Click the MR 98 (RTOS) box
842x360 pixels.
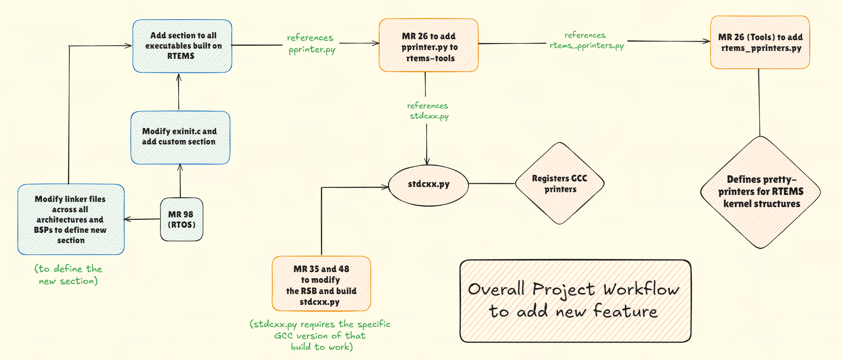(x=181, y=219)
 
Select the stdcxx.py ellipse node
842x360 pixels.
(x=428, y=185)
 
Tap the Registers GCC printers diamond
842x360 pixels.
(x=560, y=184)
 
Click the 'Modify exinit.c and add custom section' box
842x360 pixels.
(x=180, y=137)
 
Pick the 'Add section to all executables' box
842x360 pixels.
(x=182, y=46)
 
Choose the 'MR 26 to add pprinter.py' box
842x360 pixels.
(x=428, y=46)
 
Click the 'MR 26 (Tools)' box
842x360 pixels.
(x=760, y=43)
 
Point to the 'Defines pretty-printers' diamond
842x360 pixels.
(x=760, y=192)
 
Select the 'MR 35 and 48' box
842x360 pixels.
(x=321, y=284)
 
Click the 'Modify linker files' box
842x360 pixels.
(x=71, y=219)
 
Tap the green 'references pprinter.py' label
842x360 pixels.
(x=311, y=43)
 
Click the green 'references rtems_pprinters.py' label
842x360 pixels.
(x=586, y=41)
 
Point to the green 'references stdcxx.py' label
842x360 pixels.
(x=428, y=111)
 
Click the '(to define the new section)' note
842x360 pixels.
(x=68, y=275)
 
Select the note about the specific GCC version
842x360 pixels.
(x=321, y=335)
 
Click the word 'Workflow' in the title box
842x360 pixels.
(x=641, y=289)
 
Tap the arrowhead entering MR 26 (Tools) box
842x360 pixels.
(x=707, y=42)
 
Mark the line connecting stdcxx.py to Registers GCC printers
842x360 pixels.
(x=491, y=184)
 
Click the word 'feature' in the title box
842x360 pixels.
(x=625, y=311)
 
